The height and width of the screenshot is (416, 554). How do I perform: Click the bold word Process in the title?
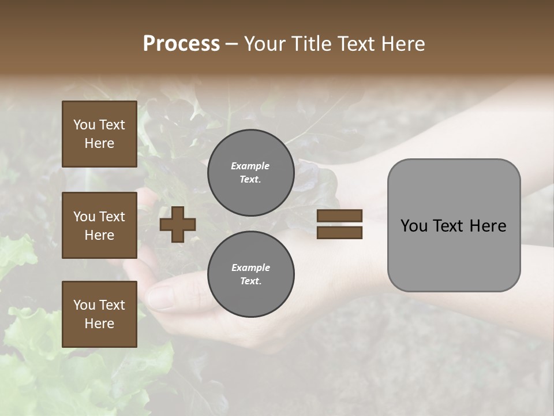pyautogui.click(x=181, y=44)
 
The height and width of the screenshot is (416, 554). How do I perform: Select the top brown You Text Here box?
pyautogui.click(x=99, y=134)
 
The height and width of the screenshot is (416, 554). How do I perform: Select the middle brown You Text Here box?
pyautogui.click(x=99, y=225)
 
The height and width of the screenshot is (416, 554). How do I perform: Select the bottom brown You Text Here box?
pyautogui.click(x=99, y=314)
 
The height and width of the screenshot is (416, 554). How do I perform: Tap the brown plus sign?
pyautogui.click(x=178, y=224)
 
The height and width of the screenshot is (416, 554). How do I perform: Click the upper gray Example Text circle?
pyautogui.click(x=250, y=173)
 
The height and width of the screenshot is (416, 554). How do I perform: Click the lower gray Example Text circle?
pyautogui.click(x=250, y=274)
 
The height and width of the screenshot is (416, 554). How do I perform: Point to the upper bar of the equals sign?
pyautogui.click(x=339, y=216)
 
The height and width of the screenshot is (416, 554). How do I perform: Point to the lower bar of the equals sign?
pyautogui.click(x=339, y=232)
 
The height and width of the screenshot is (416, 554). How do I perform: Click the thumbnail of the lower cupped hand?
pyautogui.click(x=173, y=295)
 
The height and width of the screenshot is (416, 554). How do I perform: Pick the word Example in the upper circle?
pyautogui.click(x=250, y=166)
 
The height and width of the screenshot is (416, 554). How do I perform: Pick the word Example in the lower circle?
pyautogui.click(x=250, y=268)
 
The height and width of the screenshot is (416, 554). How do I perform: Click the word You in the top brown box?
pyautogui.click(x=84, y=125)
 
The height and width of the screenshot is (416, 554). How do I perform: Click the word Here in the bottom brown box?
pyautogui.click(x=99, y=324)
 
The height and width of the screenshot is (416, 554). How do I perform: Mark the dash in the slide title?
pyautogui.click(x=231, y=44)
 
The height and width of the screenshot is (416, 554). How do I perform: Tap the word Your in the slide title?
pyautogui.click(x=264, y=44)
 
